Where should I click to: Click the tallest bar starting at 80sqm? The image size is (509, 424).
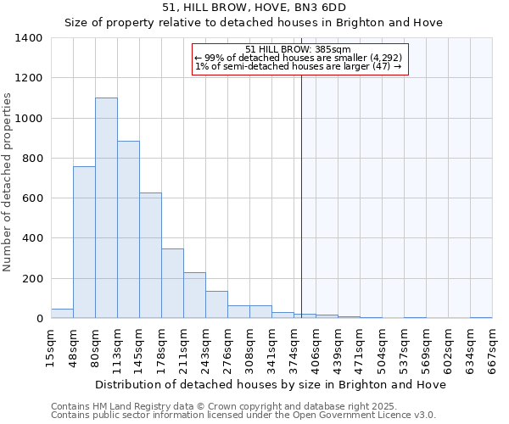106,208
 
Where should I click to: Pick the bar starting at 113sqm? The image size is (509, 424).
128,230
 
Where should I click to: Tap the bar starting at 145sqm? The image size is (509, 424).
150,255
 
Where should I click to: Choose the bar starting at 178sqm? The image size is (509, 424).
172,283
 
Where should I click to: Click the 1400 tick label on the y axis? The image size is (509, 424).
29,38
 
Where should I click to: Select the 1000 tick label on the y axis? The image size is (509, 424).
29,119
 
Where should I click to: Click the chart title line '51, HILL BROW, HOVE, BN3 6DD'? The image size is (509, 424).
254,7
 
